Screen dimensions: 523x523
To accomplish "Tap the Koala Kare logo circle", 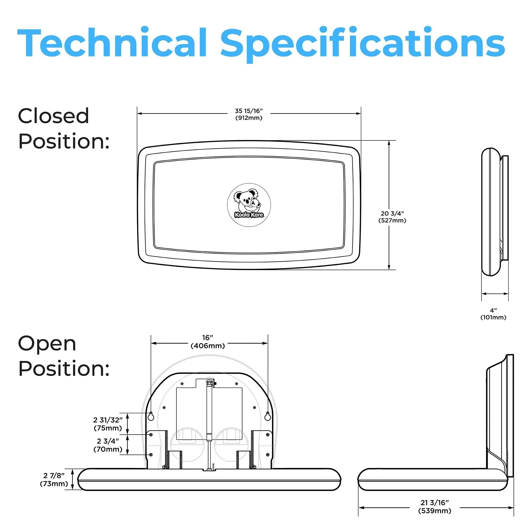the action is [249, 205].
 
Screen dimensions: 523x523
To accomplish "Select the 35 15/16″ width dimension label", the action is [249, 114].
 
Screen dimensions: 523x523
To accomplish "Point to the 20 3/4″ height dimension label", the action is [392, 217].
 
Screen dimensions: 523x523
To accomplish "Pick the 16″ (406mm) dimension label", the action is [208, 342].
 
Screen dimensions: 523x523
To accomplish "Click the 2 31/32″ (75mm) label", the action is [108, 424].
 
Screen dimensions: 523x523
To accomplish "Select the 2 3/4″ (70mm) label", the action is [108, 445].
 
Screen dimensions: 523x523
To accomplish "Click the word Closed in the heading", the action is [53, 116].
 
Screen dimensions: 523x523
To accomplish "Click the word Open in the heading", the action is [47, 344].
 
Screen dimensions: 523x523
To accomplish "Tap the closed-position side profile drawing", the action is [495, 212].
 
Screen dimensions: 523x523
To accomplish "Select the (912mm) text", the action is [249, 118].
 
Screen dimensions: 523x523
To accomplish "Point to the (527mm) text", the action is [392, 221].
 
